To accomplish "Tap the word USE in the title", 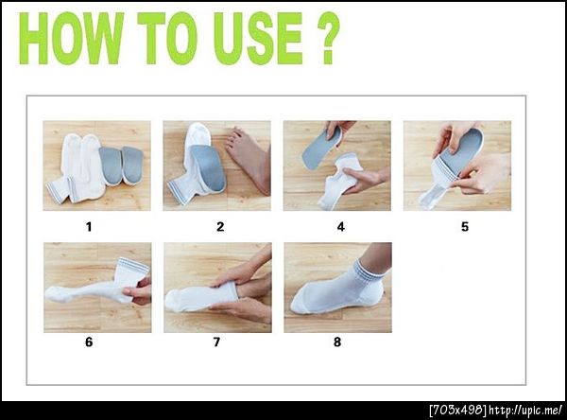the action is (257, 39).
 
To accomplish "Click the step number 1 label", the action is (89, 227).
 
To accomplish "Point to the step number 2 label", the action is (220, 227).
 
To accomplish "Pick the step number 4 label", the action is (340, 227).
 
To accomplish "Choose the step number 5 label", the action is (465, 227).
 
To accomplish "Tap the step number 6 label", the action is (89, 342).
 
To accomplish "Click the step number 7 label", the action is (216, 342).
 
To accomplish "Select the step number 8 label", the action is (337, 342).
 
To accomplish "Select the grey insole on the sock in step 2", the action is (208, 166).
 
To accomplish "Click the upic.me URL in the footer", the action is (525, 411).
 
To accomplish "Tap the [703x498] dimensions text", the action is (457, 411).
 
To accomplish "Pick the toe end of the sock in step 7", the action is (173, 300).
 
